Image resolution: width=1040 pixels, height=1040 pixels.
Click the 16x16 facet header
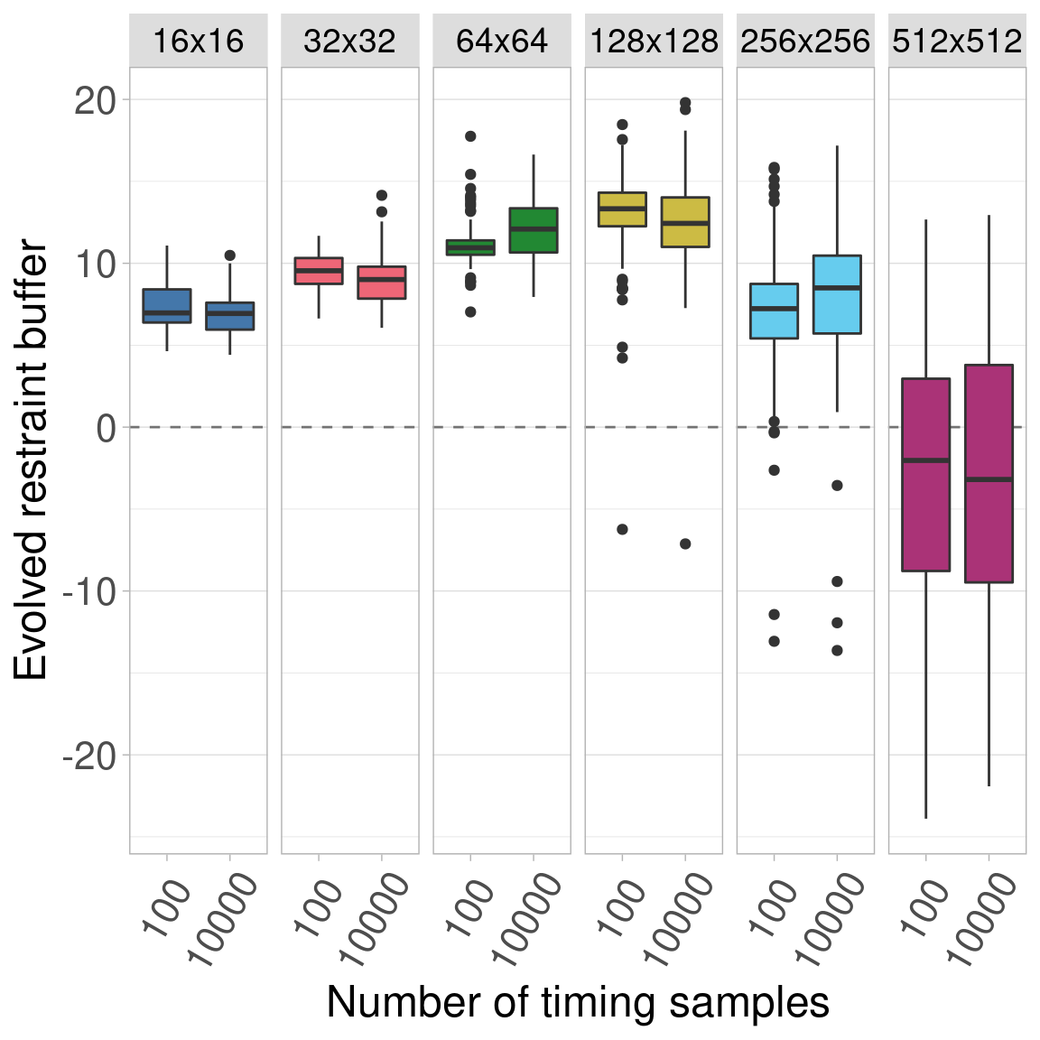coord(198,42)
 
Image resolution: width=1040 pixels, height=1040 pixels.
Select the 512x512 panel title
coord(957,42)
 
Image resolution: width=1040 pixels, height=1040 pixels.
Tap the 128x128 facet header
coord(654,42)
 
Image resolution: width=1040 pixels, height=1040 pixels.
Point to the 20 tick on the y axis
coord(95,100)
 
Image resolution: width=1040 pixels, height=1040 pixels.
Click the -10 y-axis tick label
coord(88,591)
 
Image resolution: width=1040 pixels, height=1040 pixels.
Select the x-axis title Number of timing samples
coord(578,1002)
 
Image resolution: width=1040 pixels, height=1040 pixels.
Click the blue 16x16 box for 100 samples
coord(167,305)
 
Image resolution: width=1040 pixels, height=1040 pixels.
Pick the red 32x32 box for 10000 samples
coord(382,283)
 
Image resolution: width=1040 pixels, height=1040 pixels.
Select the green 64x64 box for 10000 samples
coord(534,230)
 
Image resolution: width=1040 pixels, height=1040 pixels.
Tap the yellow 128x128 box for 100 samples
coord(622,209)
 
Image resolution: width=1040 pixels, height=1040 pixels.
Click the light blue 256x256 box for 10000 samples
coord(837,294)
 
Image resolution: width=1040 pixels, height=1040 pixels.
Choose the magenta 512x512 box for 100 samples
coord(925,475)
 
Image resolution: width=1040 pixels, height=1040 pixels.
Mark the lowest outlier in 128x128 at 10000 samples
coord(685,543)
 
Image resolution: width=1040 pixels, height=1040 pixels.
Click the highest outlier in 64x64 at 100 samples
coord(470,136)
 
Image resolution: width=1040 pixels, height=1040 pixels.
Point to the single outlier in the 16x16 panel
coord(230,255)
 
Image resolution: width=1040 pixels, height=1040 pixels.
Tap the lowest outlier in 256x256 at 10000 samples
coord(837,650)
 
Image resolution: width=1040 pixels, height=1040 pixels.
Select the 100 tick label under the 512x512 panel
coord(923,907)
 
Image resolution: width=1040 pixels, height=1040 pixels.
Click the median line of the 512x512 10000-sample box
coord(989,479)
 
